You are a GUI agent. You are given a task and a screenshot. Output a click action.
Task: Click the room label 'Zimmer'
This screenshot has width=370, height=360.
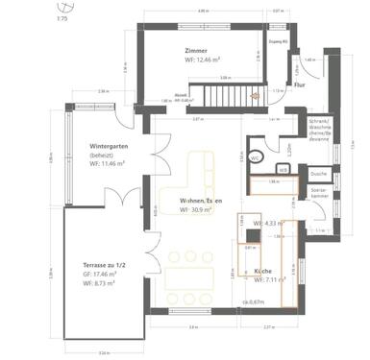point(198,49)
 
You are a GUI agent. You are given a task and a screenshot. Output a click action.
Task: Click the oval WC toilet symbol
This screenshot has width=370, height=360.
point(255,157)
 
